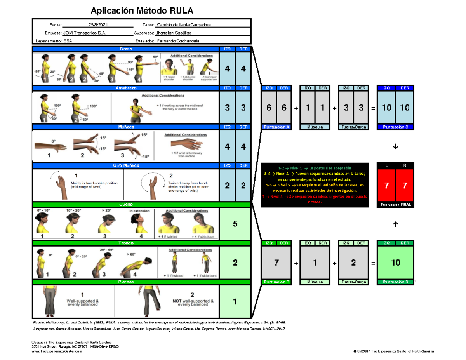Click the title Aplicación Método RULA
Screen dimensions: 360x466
(x=141, y=10)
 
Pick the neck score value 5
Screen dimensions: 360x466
(x=235, y=224)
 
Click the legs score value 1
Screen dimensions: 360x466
(x=235, y=302)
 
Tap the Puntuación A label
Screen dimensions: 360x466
(x=276, y=127)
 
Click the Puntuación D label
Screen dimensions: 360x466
(x=395, y=282)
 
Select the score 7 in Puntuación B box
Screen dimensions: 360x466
(x=276, y=263)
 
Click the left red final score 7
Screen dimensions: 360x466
(x=386, y=186)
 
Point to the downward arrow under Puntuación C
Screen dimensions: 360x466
(x=395, y=146)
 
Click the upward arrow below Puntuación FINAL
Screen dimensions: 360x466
(x=395, y=224)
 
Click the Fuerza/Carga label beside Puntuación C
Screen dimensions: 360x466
(x=353, y=127)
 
